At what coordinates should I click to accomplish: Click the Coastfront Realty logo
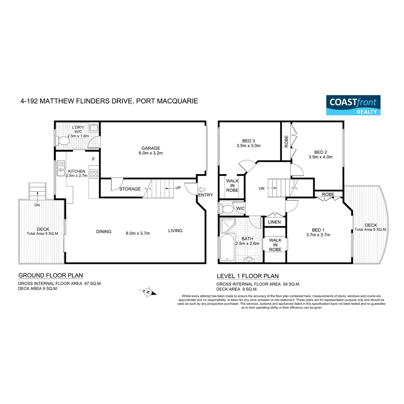click(353, 105)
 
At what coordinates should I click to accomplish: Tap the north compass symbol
click(149, 292)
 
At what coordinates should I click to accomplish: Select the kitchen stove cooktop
click(94, 174)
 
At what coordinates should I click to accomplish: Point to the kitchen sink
click(60, 171)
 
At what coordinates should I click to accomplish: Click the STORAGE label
click(130, 189)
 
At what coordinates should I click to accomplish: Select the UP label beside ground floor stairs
click(178, 187)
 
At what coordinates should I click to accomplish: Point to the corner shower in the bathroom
click(227, 226)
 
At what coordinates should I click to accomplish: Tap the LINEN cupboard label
click(275, 222)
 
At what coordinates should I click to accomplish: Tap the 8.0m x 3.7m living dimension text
click(138, 233)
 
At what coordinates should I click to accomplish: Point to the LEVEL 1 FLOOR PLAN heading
click(248, 276)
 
